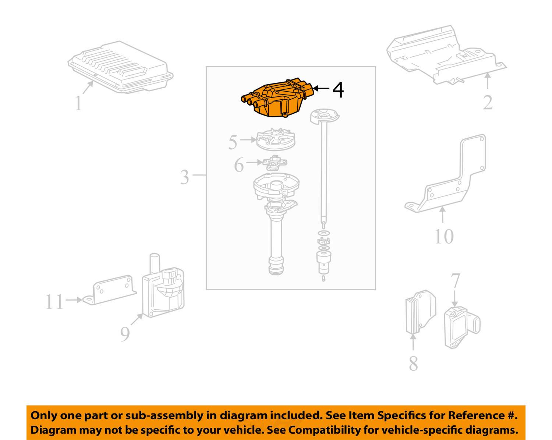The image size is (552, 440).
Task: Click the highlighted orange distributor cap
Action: point(277,99)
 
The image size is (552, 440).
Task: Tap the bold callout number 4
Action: point(338,90)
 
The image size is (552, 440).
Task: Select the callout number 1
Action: point(78,103)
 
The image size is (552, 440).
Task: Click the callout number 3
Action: point(184,177)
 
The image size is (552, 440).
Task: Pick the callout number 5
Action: point(233,142)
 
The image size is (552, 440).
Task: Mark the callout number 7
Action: point(456,281)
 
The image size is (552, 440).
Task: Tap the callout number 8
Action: point(413,363)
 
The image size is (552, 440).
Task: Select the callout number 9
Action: point(125,334)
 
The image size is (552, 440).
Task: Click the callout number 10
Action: point(444,237)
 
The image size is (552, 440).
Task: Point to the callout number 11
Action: point(54,302)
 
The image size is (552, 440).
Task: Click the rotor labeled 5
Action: point(276,141)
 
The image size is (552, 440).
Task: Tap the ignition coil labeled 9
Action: point(163,286)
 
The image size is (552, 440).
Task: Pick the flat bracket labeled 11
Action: point(109,291)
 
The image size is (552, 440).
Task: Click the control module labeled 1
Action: point(121,67)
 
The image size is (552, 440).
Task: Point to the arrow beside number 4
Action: point(322,88)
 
